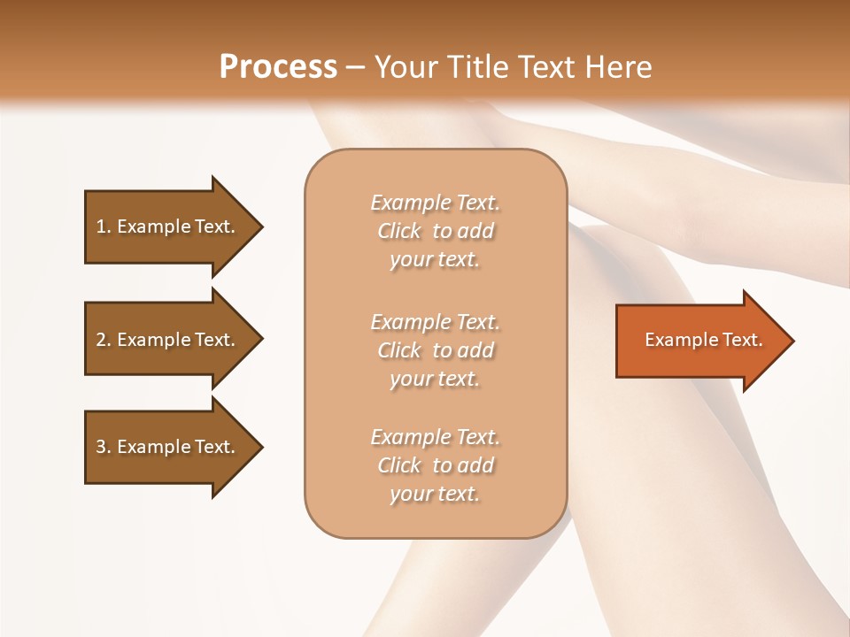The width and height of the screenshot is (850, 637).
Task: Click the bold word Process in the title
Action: pos(278,67)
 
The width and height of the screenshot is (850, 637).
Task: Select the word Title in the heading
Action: pos(475,67)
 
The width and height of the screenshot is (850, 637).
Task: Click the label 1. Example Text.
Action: pos(166,226)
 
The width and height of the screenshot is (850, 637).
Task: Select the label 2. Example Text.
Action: pos(166,340)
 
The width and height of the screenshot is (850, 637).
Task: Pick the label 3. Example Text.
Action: pos(166,447)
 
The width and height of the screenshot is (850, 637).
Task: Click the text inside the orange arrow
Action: pos(703,340)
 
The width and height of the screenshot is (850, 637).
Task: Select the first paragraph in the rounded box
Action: pos(435,231)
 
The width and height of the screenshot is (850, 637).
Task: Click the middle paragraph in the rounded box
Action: pos(435,350)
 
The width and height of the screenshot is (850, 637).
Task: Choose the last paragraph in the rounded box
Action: pos(435,465)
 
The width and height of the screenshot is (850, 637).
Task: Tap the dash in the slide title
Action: pos(355,68)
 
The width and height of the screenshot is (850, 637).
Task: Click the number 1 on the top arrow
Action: pos(101,226)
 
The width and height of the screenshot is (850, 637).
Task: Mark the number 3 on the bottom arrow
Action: pos(101,447)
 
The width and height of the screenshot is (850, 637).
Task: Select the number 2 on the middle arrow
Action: pos(101,340)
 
